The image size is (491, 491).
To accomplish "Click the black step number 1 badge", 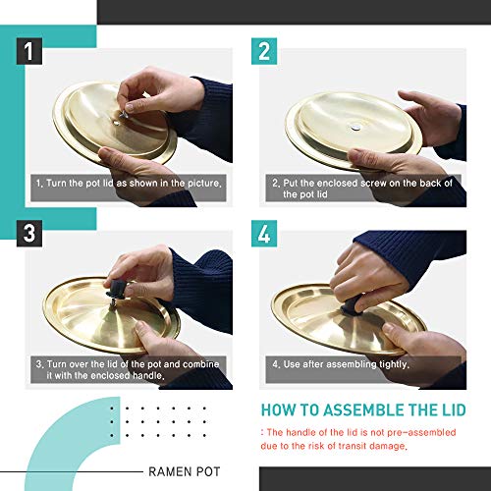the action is click(29, 51).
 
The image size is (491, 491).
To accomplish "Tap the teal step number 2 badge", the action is click(264, 51).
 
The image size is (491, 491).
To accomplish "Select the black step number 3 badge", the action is click(29, 234).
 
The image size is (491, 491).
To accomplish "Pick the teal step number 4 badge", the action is click(264, 234).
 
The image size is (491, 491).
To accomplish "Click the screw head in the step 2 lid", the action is click(355, 127).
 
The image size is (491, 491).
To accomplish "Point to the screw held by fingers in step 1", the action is click(124, 114).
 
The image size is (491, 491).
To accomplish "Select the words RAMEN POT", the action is click(185, 471).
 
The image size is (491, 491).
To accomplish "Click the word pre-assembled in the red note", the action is click(421, 432).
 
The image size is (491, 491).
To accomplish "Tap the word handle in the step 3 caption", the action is click(148, 375).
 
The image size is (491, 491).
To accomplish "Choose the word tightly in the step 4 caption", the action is click(394, 364).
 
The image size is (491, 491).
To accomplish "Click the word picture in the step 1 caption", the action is click(204, 183).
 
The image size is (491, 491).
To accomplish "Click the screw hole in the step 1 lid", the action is click(116, 124).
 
